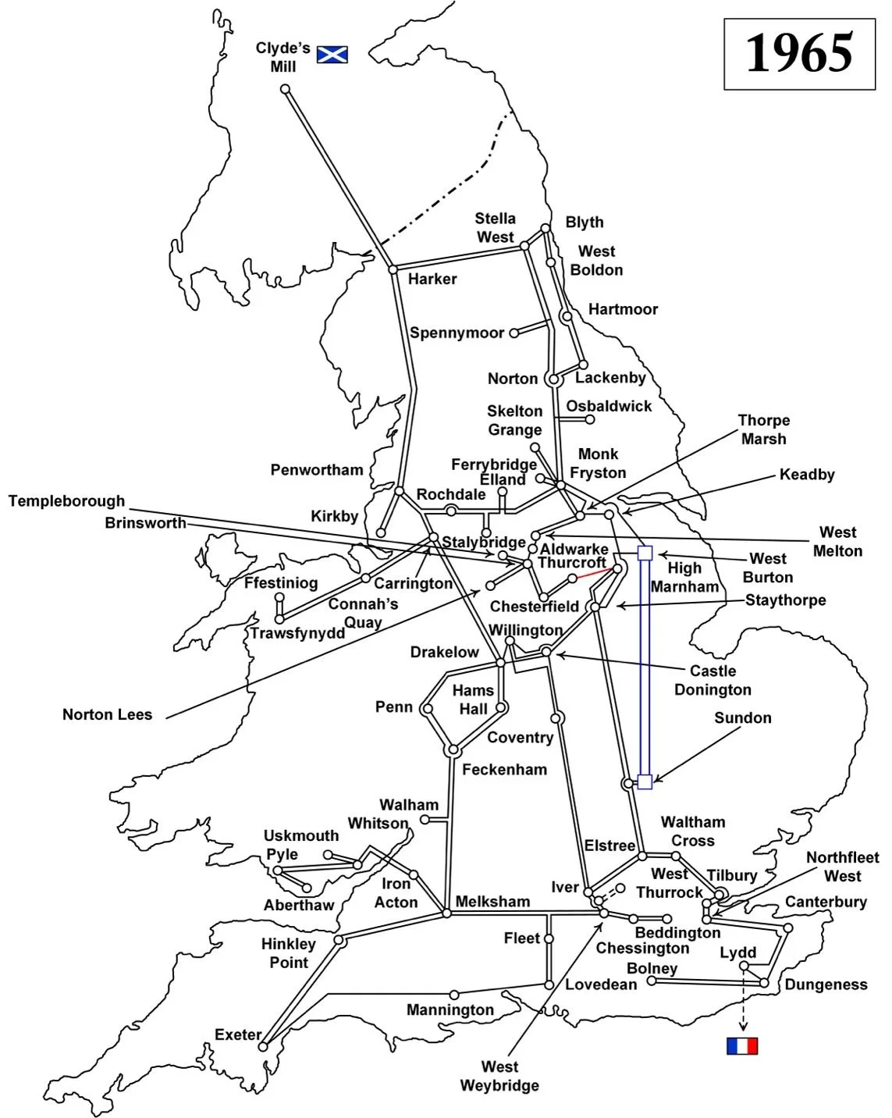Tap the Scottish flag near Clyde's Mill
tap(332, 54)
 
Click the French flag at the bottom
tap(741, 1045)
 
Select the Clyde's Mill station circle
tap(286, 89)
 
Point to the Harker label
tap(432, 279)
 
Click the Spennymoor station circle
tap(514, 333)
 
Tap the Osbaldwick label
tap(609, 406)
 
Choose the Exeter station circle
tap(263, 1046)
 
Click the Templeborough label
tap(66, 501)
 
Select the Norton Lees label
tap(107, 714)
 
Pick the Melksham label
tap(492, 901)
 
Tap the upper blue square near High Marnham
tap(645, 553)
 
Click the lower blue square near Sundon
tap(645, 782)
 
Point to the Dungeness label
tap(826, 984)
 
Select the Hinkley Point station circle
tap(339, 941)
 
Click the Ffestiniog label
tap(280, 583)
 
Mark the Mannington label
tap(450, 1009)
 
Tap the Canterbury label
tap(826, 902)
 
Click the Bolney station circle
tap(652, 981)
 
